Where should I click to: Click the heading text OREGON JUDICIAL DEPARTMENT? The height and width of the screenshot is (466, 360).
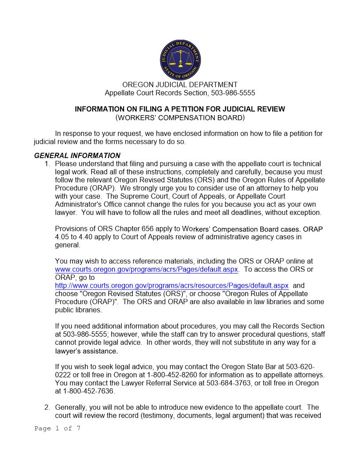click(x=180, y=85)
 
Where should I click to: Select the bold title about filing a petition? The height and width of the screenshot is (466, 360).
click(x=180, y=109)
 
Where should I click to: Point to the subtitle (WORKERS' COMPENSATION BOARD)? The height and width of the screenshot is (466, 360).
click(x=180, y=118)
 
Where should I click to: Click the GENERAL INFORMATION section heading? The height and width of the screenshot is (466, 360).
click(x=77, y=155)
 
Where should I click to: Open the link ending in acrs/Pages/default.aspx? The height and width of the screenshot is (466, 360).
click(x=146, y=269)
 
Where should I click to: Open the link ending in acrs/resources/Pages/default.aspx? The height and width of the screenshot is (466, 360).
click(x=172, y=286)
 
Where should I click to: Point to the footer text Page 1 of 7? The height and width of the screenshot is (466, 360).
click(x=57, y=428)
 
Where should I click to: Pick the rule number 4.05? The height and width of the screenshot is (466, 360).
click(x=62, y=237)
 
